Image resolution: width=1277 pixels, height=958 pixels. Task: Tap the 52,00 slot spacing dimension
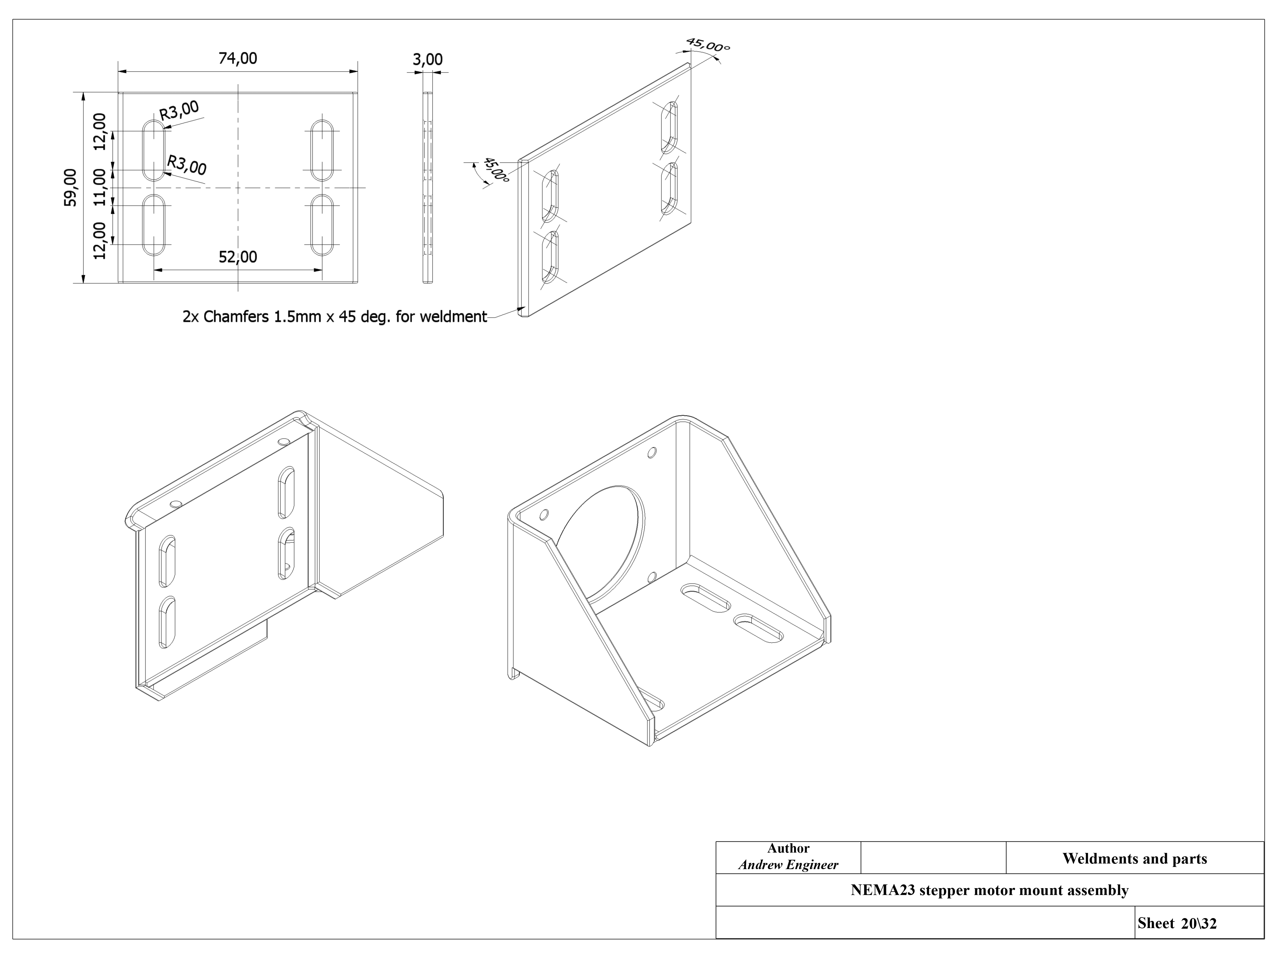[238, 257]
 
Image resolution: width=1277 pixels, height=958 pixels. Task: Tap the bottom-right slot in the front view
[322, 225]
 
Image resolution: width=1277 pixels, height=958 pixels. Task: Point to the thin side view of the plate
[428, 188]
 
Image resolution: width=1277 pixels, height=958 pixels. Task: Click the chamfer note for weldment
[335, 317]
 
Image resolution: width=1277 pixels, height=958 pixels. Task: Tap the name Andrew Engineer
[788, 864]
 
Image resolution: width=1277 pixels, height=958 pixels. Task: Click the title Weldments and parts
[1135, 859]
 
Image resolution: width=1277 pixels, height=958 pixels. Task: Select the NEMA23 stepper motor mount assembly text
[990, 890]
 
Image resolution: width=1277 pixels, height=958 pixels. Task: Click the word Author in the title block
[788, 848]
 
